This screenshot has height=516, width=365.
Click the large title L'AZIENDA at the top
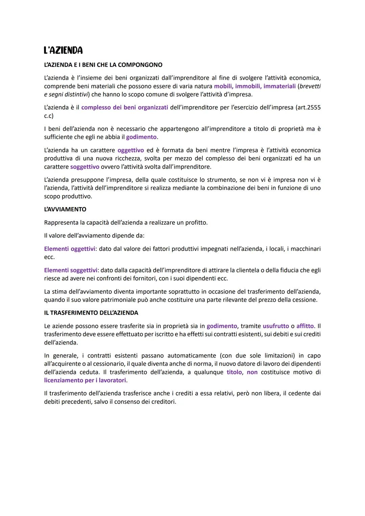63,50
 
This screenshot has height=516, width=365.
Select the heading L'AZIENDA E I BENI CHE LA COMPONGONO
103,65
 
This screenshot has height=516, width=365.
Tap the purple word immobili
248,86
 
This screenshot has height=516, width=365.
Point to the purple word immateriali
279,86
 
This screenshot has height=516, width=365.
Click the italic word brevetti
310,86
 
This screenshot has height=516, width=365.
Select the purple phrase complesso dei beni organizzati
124,107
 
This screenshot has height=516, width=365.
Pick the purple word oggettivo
130,150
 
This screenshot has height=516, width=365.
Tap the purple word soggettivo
84,167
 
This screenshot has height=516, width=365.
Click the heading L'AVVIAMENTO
65,209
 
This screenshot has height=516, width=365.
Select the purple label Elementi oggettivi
69,249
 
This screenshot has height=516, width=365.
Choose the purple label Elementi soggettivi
71,270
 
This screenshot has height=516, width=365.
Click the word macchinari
306,249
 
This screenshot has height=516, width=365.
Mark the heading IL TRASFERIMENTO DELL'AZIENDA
91,313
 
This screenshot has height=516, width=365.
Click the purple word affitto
305,326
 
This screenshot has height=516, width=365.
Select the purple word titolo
234,372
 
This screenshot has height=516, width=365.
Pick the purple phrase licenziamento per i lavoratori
85,380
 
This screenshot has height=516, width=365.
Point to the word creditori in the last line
162,402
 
